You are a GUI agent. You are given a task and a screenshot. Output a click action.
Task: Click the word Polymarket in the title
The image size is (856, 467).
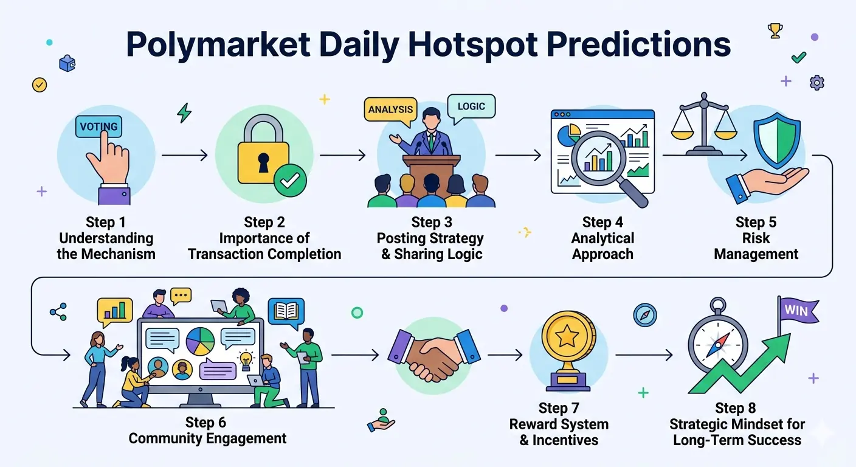tap(218, 45)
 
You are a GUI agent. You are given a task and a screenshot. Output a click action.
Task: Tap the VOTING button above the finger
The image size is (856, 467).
tap(98, 126)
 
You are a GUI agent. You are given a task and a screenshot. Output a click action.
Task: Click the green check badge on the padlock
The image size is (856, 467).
tap(290, 181)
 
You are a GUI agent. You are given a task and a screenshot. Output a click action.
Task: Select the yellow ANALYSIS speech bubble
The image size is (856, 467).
tap(390, 109)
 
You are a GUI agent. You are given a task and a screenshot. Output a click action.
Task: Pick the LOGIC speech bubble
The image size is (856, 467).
tap(471, 106)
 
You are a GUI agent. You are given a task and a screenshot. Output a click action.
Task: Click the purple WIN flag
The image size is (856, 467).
tap(798, 311)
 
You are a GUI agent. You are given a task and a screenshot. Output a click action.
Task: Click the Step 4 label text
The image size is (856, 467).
tap(602, 222)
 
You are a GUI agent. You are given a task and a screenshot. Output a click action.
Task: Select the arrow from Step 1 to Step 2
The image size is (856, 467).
tap(185, 155)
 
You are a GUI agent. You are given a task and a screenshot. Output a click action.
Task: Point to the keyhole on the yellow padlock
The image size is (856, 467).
tap(263, 162)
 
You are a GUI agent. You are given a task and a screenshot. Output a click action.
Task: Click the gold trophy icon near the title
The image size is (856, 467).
tap(775, 31)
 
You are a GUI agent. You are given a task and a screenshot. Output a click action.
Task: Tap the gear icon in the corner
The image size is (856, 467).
tap(816, 83)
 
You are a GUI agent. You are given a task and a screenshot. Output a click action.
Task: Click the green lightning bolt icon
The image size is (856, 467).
tap(184, 112)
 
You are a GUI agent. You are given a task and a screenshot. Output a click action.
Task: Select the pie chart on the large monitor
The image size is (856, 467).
tap(200, 341)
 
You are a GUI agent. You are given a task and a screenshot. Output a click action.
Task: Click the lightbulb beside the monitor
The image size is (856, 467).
tap(246, 361)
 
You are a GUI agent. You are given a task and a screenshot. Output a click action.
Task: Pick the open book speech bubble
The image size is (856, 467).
tap(286, 313)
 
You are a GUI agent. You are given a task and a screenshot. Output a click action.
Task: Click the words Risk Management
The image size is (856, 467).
tap(756, 246)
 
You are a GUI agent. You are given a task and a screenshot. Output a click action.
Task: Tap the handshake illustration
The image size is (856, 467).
tap(434, 355)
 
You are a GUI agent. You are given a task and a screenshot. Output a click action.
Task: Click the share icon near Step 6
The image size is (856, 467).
tap(58, 312)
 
